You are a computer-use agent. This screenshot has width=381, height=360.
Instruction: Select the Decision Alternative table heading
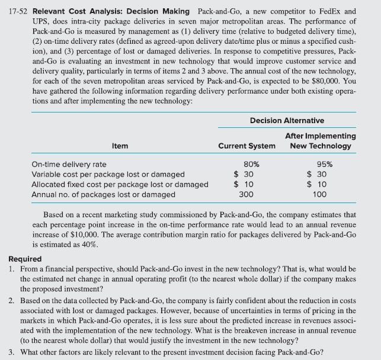click(x=287, y=120)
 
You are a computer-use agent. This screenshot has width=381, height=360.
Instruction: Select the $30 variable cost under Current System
click(x=244, y=174)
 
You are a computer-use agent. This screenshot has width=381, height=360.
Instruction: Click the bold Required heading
click(x=25, y=259)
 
